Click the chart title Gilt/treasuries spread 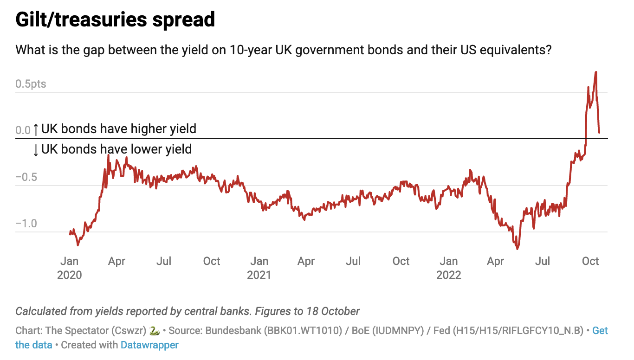[x=115, y=20]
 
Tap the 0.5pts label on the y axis [x=31, y=84]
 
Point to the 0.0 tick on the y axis [x=23, y=130]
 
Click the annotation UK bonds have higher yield [x=119, y=129]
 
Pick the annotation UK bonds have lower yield [x=116, y=149]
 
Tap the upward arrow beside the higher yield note [x=36, y=129]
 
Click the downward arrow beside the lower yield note [x=36, y=150]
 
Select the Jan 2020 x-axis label [x=69, y=268]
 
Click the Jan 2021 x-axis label [x=259, y=268]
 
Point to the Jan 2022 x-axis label [x=449, y=268]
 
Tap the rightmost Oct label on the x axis [x=590, y=261]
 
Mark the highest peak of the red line [x=595, y=72]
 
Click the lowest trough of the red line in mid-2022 [x=517, y=249]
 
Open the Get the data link [x=600, y=331]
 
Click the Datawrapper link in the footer [x=149, y=345]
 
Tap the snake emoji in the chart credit [x=155, y=331]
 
